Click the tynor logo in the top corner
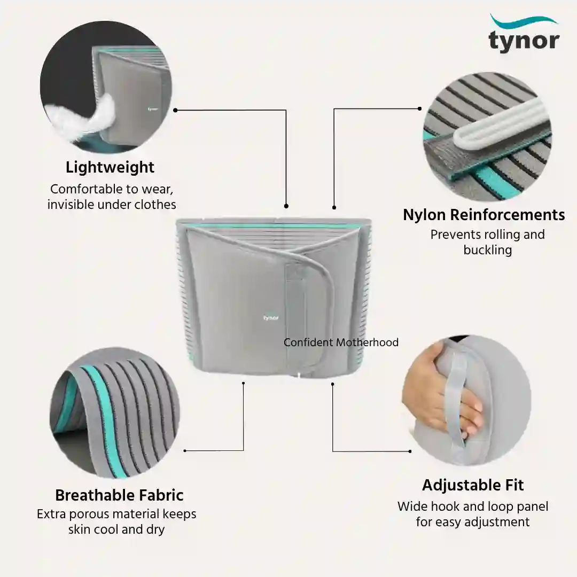(524, 33)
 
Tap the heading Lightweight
(110, 167)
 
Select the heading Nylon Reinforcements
(484, 215)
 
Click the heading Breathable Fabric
(119, 495)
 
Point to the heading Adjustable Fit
(473, 485)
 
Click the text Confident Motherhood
(341, 342)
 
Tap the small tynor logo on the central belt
(271, 317)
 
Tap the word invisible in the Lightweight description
(72, 205)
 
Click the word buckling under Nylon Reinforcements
(488, 250)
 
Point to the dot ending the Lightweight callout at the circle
(175, 110)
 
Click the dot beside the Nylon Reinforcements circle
(419, 108)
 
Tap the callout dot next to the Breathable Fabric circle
(185, 451)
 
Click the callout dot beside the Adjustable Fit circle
(410, 451)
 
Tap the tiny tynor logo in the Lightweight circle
(153, 109)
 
